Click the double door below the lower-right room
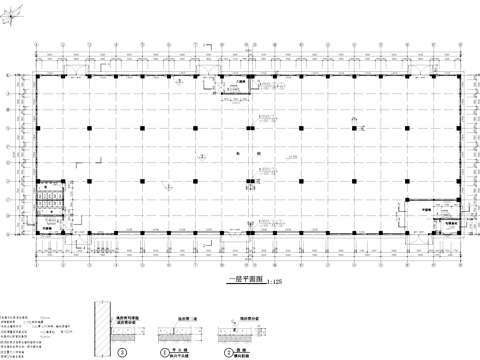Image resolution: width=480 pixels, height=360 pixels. (421, 240)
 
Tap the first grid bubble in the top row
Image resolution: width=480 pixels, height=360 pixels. (36, 44)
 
